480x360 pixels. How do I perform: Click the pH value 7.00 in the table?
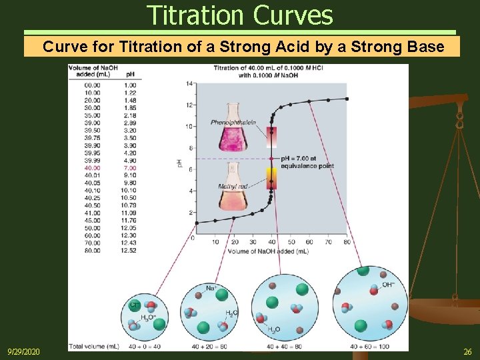click(x=129, y=168)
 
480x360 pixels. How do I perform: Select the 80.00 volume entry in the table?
click(x=93, y=250)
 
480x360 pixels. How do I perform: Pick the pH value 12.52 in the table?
click(x=129, y=250)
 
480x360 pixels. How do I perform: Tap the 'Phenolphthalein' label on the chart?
click(x=233, y=123)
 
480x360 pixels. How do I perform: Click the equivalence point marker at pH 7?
click(x=271, y=159)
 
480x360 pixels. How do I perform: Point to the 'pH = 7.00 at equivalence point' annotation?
click(x=307, y=162)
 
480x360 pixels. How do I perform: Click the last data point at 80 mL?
click(x=347, y=99)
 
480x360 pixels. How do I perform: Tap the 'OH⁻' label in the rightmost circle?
click(x=387, y=285)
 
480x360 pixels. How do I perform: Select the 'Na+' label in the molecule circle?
click(x=211, y=289)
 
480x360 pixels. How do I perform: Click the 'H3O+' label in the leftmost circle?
click(x=149, y=317)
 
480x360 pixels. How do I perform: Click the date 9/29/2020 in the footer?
click(x=24, y=351)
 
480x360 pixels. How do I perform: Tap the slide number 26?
click(x=467, y=351)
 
